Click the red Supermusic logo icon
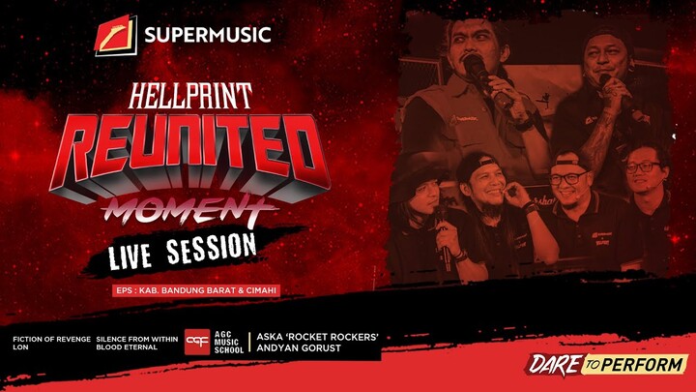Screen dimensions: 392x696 tap(116, 36)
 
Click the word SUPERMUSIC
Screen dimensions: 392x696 tap(207, 37)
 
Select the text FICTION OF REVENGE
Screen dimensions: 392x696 tap(52, 338)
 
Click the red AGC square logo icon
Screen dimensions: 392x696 tap(197, 342)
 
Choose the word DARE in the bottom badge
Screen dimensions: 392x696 tap(552, 365)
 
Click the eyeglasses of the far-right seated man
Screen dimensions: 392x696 tap(642, 166)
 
